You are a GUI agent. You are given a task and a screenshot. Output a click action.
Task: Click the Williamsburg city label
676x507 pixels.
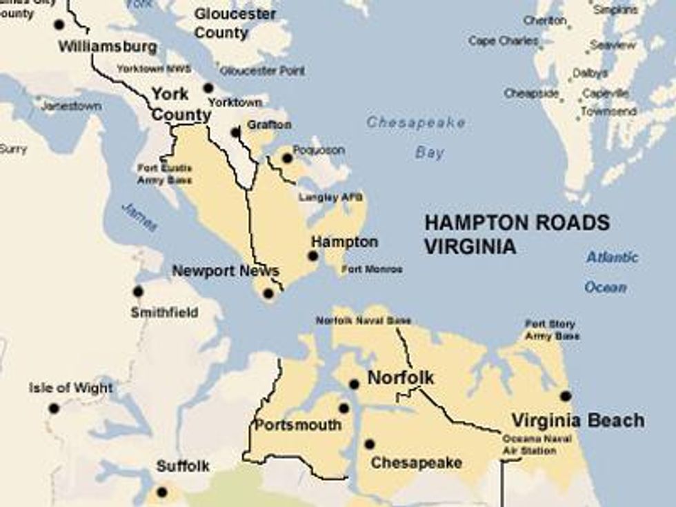(x=108, y=48)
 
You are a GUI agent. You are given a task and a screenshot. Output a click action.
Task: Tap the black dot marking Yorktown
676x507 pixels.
(x=208, y=88)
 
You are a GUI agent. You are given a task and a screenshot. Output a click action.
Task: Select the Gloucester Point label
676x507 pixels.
(x=262, y=70)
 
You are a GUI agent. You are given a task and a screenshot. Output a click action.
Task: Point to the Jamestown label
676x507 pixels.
(x=71, y=106)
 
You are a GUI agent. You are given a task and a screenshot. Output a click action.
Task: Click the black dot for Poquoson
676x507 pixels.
(x=287, y=158)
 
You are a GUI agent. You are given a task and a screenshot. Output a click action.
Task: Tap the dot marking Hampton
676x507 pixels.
(x=313, y=255)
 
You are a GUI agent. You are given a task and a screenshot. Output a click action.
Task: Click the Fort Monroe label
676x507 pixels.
(x=372, y=270)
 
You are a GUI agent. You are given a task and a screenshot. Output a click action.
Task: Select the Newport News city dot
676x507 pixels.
(x=268, y=293)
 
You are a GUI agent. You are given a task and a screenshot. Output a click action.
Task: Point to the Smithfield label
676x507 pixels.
(x=164, y=312)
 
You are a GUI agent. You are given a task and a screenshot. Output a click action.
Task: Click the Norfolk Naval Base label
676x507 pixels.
(x=364, y=321)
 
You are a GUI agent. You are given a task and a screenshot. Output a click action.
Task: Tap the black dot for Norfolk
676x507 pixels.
(x=354, y=384)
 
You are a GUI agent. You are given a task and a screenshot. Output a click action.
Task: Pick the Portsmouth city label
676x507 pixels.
(x=298, y=425)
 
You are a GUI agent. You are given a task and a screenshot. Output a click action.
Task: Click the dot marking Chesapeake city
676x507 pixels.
(x=370, y=444)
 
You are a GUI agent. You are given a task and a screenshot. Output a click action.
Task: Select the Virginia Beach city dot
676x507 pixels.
(x=566, y=396)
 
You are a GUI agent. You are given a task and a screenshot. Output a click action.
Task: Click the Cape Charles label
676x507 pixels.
(x=504, y=41)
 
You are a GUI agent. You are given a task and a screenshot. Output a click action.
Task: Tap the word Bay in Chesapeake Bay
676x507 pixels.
(x=430, y=153)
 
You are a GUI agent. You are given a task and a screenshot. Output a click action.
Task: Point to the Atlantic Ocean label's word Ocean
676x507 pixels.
(x=606, y=288)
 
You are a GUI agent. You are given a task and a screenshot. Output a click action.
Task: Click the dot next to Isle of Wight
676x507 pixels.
(x=54, y=408)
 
